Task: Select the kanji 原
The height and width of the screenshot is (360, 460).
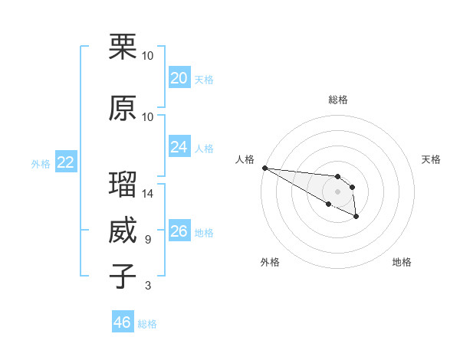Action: pos(123,108)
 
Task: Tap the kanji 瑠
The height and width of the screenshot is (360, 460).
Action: pos(123,185)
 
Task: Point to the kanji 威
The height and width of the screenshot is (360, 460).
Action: pos(123,231)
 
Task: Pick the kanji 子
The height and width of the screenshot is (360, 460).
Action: pos(123,277)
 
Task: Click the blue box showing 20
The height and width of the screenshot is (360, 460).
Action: pos(179,78)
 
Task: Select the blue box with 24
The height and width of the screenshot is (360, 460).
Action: pos(179,147)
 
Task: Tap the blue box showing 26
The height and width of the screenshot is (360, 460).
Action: pos(179,231)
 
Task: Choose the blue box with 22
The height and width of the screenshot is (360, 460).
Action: pos(65,162)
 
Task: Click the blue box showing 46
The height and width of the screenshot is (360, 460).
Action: pos(123,322)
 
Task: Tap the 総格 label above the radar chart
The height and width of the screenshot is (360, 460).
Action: pos(337,100)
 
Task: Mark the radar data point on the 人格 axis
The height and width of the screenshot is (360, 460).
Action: pos(264,167)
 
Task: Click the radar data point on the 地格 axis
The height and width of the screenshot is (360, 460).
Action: pos(356,218)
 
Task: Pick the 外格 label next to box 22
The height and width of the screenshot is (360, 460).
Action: pos(40,163)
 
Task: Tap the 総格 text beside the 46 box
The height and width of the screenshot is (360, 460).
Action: pos(147,324)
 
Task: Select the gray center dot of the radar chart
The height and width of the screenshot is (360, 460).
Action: pos(337,191)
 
